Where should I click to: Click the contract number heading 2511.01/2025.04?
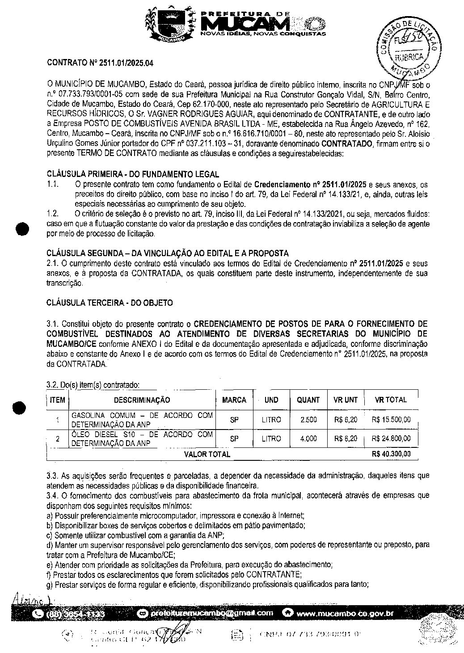point(100,63)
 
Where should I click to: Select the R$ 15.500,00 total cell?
point(391,420)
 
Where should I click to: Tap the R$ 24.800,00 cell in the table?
point(391,439)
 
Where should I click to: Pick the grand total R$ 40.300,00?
point(391,454)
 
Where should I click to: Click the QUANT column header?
point(308,400)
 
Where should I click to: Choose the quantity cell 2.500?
point(308,420)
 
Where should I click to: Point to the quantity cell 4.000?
point(308,439)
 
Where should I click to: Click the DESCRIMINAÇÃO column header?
point(142,400)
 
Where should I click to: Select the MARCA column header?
point(234,400)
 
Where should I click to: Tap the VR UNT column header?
point(345,400)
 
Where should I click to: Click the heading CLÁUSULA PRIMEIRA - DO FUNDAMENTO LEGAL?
point(133,174)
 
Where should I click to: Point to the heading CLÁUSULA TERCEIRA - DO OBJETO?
point(110,303)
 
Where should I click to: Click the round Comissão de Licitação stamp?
point(407,49)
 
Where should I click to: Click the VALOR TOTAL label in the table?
point(207,454)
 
